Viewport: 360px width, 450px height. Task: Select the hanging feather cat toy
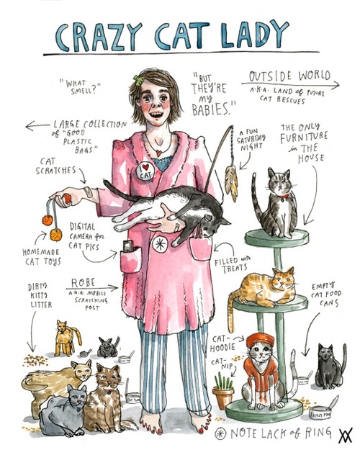231,180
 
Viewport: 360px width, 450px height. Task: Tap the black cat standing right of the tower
329,366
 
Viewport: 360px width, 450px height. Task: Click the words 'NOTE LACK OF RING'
284,433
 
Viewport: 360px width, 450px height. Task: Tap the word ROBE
83,284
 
